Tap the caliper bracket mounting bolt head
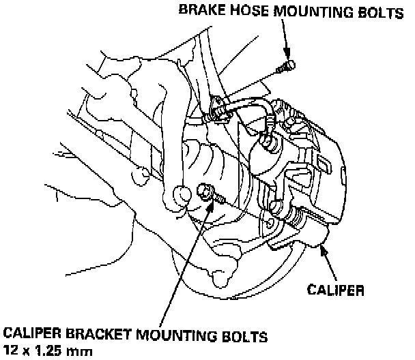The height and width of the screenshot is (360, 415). [203, 192]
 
